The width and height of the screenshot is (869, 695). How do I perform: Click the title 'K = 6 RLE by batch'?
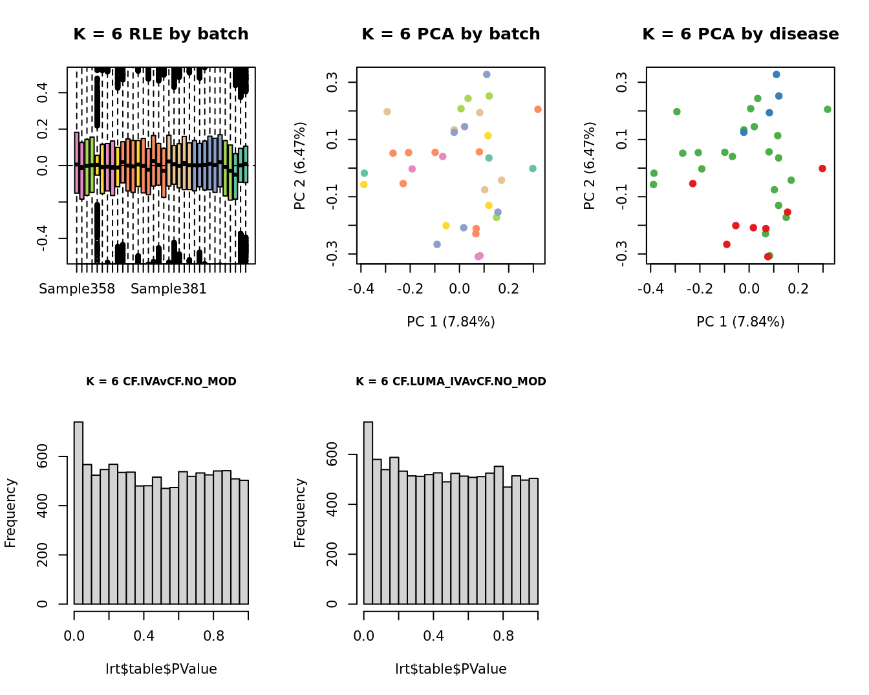click(160, 34)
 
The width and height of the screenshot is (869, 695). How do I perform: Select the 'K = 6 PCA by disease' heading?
click(740, 34)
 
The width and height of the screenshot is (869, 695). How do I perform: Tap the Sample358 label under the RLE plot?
click(77, 289)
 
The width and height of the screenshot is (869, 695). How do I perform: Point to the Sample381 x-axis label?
click(169, 289)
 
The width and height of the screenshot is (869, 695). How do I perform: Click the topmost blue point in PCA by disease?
click(777, 75)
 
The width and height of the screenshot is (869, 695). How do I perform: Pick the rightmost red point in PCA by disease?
click(822, 169)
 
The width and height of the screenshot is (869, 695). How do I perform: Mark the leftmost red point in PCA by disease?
click(692, 184)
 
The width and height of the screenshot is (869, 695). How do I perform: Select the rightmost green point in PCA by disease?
click(828, 109)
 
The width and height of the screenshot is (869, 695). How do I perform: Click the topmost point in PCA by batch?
click(487, 75)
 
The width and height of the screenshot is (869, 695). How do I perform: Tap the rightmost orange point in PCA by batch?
click(538, 109)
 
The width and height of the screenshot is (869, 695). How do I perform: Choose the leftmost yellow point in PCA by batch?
click(364, 185)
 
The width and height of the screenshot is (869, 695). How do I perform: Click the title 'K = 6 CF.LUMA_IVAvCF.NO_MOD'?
click(451, 381)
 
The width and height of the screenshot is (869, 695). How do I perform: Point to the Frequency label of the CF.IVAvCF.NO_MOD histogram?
click(10, 513)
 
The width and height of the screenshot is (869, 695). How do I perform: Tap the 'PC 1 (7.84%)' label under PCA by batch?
click(451, 322)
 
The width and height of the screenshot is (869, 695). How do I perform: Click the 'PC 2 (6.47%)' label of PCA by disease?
click(590, 166)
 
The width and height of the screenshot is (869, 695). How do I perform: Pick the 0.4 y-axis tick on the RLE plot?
click(43, 92)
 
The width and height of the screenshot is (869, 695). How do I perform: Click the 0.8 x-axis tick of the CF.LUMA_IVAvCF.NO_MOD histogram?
click(503, 636)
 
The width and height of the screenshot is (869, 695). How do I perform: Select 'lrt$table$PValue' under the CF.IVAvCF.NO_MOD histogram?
click(161, 669)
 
